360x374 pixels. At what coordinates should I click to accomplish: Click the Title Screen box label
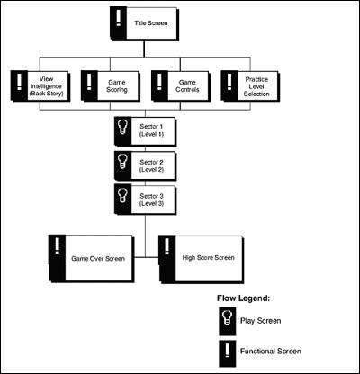point(151,23)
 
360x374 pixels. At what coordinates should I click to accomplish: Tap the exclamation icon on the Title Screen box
point(119,18)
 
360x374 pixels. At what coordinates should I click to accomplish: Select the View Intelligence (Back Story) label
point(47,86)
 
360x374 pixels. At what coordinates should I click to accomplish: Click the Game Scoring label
point(117,86)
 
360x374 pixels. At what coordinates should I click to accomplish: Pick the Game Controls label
point(187,86)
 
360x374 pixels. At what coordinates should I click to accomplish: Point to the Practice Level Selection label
point(256,86)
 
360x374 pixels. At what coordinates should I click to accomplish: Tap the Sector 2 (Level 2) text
point(151,165)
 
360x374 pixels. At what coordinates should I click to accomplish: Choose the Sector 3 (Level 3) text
point(151,200)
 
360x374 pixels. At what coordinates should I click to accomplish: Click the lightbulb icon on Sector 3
point(122,195)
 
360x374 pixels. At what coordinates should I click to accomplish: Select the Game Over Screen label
point(98,259)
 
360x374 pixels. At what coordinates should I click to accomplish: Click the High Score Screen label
point(208,257)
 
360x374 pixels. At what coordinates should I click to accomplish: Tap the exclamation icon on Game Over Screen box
point(57,245)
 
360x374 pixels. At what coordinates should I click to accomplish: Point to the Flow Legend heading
point(243,298)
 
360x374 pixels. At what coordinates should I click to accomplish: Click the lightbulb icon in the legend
point(227,318)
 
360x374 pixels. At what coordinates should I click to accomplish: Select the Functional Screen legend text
point(271,352)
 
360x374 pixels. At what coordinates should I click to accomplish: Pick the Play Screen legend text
point(260,321)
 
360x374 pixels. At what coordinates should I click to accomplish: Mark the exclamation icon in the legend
point(228,351)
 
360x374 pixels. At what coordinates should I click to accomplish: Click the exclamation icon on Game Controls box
point(159,81)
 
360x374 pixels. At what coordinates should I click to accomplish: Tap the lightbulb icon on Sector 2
point(122,161)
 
